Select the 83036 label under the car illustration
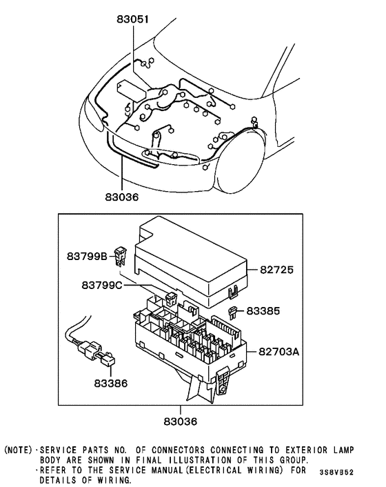pos(122,197)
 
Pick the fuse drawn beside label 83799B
pos(123,256)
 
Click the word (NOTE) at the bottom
pos(19,449)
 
